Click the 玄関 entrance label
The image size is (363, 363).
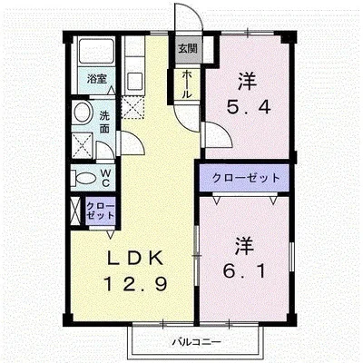click(x=188, y=48)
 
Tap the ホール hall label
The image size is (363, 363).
click(x=187, y=83)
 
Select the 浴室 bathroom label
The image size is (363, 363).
click(x=97, y=79)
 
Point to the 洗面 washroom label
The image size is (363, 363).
click(x=104, y=122)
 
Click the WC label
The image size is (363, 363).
click(x=105, y=178)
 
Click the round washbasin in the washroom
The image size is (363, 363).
click(x=83, y=112)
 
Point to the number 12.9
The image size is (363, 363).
click(x=135, y=284)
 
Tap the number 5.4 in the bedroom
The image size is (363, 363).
click(x=249, y=107)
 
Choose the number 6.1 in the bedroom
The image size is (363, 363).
click(x=244, y=271)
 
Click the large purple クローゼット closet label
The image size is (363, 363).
click(x=246, y=178)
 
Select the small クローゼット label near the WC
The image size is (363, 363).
click(x=101, y=211)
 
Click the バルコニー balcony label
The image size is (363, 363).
click(x=197, y=342)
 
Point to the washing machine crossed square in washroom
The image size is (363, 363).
click(x=82, y=144)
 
